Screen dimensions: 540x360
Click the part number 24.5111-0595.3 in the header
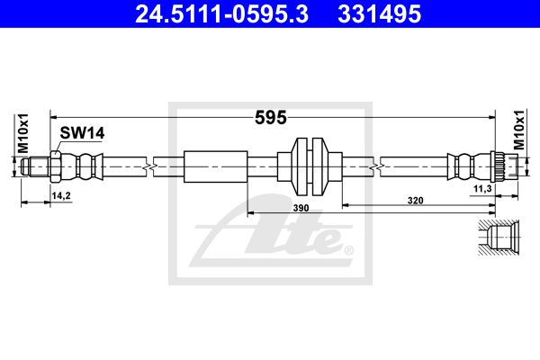click(221, 14)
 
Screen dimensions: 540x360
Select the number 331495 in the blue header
click(379, 14)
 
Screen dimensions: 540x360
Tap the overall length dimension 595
click(271, 118)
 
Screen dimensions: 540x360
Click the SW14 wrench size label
click(82, 133)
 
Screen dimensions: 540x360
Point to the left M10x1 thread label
click(23, 133)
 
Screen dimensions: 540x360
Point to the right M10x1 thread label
click(519, 130)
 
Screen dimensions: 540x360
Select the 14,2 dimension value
click(61, 196)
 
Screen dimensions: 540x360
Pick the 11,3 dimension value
click(482, 188)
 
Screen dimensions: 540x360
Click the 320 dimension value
click(415, 200)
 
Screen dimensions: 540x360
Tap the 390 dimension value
click(301, 208)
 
